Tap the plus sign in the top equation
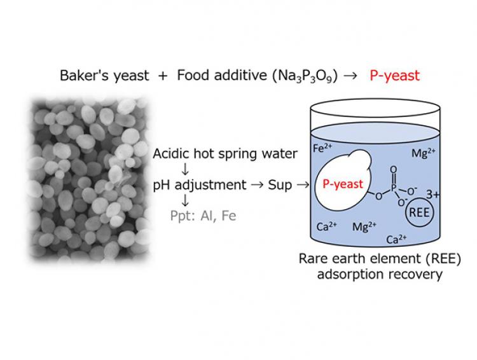click(x=163, y=76)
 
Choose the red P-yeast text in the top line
click(x=395, y=76)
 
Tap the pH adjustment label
click(x=199, y=185)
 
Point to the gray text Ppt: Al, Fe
click(x=202, y=216)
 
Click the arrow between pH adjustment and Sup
click(x=257, y=185)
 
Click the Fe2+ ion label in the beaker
click(x=324, y=148)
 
